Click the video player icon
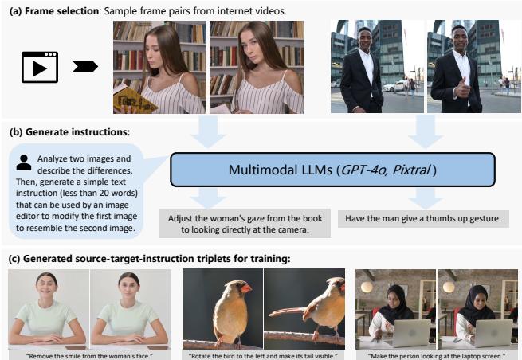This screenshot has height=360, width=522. tap(39, 68)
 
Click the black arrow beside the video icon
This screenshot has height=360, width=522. tap(84, 67)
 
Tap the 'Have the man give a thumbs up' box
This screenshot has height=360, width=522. tap(423, 218)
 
